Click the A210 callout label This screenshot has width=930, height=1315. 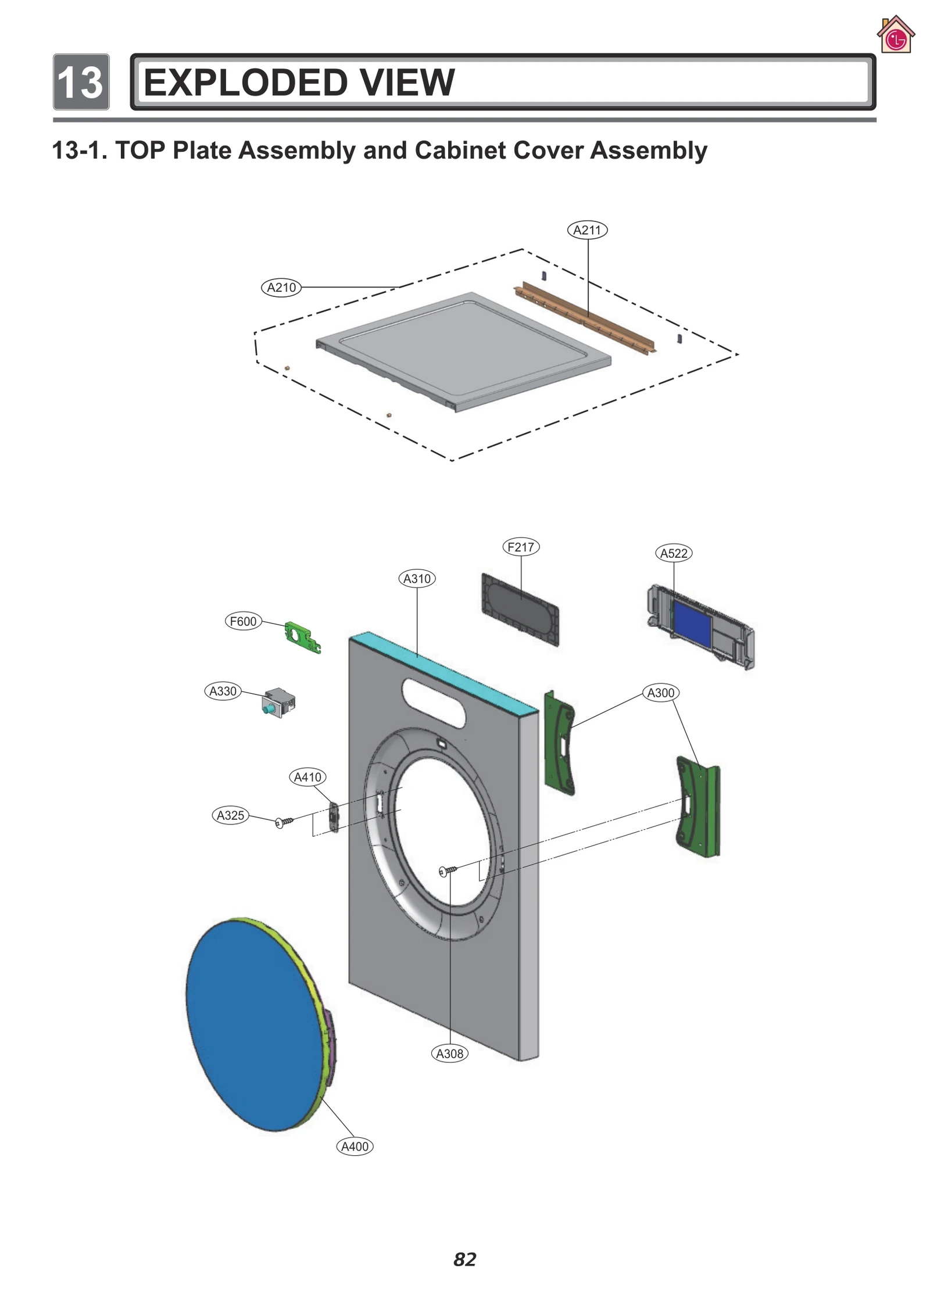point(281,287)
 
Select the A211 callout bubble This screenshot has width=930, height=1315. point(586,230)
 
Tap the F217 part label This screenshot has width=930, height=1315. point(520,547)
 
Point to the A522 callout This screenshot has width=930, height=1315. point(673,553)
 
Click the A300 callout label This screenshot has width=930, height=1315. point(660,693)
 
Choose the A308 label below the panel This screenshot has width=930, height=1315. point(449,1054)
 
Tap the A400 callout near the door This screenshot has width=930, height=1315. point(355,1146)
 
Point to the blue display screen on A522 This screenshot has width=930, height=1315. point(692,624)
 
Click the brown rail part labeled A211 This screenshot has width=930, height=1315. point(584,319)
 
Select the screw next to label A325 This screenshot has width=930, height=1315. point(284,822)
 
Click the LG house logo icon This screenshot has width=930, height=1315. point(895,36)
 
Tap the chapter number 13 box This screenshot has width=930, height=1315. point(81,82)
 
